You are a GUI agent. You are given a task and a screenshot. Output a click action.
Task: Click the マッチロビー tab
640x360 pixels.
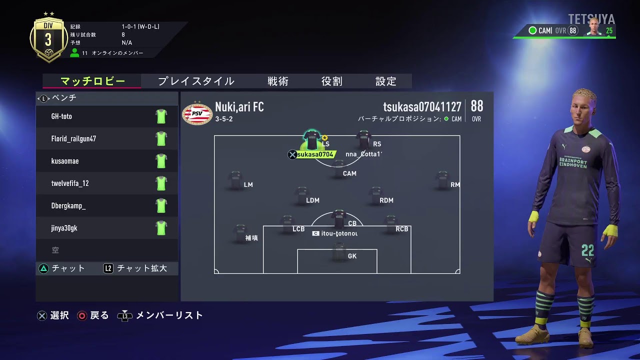92,81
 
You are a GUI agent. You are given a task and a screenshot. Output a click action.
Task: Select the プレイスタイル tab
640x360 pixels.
196,81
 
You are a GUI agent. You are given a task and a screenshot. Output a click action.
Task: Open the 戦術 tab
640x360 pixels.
277,81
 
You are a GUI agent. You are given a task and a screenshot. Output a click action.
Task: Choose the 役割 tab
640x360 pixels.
331,81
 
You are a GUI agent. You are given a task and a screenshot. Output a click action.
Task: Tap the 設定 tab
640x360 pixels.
385,81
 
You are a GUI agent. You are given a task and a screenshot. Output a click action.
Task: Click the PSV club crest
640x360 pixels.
197,113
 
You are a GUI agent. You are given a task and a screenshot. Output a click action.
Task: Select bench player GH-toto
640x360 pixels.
61,116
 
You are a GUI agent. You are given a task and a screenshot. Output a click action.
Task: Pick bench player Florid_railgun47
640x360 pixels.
73,139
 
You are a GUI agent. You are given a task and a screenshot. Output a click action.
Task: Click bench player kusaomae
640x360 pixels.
65,161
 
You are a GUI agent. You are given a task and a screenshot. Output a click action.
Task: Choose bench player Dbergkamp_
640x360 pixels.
68,206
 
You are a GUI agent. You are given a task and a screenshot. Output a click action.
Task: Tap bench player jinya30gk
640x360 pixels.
64,228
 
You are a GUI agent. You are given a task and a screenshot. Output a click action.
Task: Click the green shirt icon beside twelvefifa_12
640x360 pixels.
160,183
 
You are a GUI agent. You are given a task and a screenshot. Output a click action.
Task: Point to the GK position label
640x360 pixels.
352,256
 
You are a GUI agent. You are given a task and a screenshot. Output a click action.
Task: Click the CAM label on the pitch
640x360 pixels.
349,173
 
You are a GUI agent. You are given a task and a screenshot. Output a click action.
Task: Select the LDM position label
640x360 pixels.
312,200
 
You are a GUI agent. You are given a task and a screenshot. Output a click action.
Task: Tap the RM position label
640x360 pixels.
455,185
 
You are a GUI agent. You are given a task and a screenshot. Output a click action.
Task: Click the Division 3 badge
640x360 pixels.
48,40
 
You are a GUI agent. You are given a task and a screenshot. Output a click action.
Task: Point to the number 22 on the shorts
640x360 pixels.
587,249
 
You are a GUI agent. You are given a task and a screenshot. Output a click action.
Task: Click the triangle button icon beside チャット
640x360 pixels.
43,268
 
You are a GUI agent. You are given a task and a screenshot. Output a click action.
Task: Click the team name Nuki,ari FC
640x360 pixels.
239,107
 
